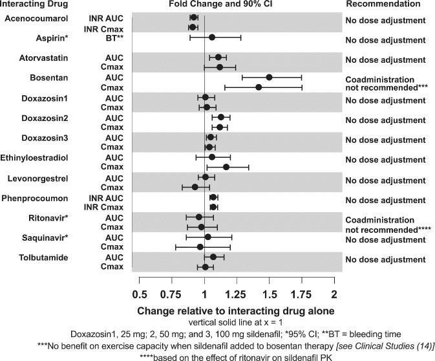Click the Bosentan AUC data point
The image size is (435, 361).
[x=269, y=77]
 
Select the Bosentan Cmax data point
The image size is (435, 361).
[x=259, y=87]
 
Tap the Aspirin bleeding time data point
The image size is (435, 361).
[x=212, y=38]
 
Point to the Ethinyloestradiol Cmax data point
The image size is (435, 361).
[x=226, y=167]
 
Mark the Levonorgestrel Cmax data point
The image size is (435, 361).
[x=195, y=187]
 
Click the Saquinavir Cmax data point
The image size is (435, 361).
[x=200, y=246]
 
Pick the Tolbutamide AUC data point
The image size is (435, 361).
[x=213, y=257]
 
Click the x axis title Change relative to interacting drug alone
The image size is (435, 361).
[x=236, y=312]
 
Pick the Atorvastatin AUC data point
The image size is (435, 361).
[x=218, y=57]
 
